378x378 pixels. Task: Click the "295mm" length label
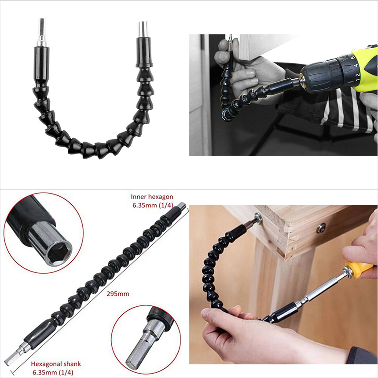(x=117, y=294)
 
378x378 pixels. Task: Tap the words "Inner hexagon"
(x=152, y=197)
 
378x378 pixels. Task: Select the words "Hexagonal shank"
(x=56, y=364)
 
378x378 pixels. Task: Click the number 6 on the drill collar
(x=352, y=58)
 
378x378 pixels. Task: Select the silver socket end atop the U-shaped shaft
(x=143, y=29)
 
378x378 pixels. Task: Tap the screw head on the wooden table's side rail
(x=321, y=228)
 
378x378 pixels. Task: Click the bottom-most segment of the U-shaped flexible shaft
(x=88, y=150)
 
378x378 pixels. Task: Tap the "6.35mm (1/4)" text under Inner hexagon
(x=153, y=205)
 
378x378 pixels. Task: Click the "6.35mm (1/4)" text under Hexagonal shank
(x=53, y=372)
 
